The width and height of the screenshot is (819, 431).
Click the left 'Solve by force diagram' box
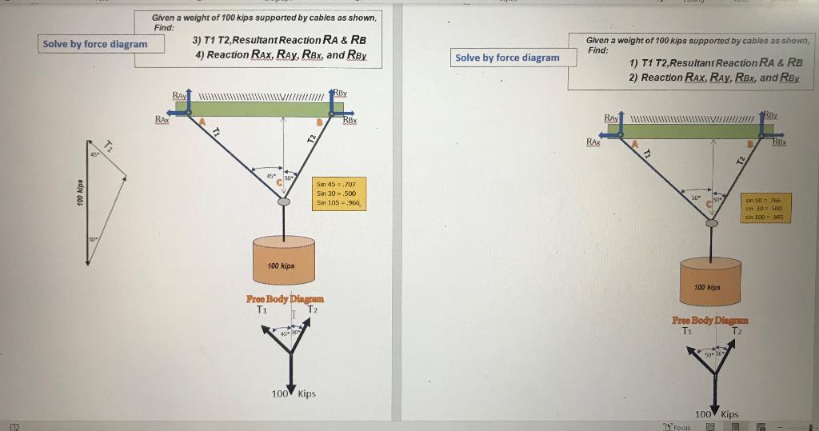(x=95, y=43)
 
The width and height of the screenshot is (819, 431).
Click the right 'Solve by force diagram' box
(x=507, y=58)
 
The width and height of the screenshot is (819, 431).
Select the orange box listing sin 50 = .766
(x=765, y=208)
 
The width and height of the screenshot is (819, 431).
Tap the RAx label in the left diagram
(x=162, y=119)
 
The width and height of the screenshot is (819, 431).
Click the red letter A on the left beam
(x=202, y=122)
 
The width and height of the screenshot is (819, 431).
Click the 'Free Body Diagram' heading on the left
(x=285, y=299)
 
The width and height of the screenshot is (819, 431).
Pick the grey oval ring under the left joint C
(x=283, y=202)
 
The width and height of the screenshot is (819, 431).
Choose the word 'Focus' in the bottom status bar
(x=681, y=427)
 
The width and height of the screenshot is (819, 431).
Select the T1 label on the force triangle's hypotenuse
(x=110, y=144)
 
